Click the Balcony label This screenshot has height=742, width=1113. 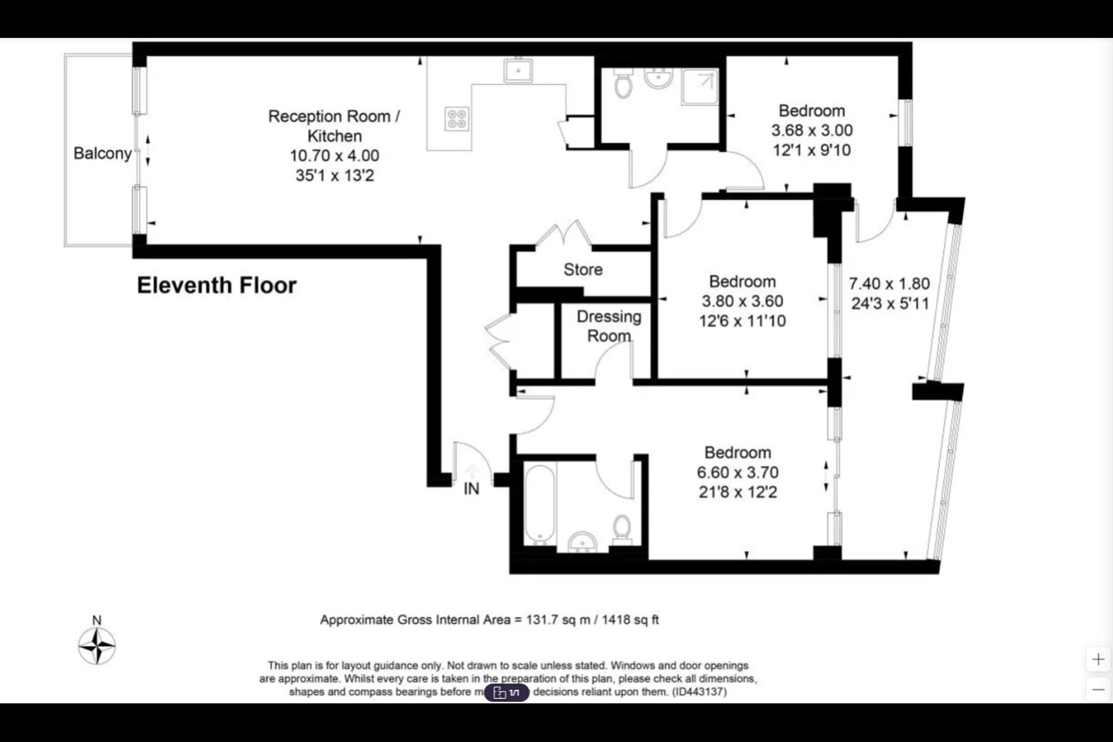(102, 153)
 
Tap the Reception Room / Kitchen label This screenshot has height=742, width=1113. (334, 126)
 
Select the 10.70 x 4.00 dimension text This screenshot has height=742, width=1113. (334, 155)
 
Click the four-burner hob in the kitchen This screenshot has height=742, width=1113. (457, 118)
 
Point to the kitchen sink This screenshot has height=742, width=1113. (518, 70)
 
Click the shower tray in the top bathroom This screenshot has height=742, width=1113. (699, 87)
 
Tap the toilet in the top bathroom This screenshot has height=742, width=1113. (623, 84)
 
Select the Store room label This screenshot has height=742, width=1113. (583, 270)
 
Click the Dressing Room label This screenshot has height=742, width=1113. (608, 326)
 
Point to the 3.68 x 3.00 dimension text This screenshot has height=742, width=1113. (812, 131)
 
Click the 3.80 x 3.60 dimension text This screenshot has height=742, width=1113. (742, 301)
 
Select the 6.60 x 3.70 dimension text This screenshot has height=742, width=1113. (737, 472)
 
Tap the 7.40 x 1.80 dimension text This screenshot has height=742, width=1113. (889, 284)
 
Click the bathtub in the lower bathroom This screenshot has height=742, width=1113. (540, 503)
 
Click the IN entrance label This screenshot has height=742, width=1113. (471, 488)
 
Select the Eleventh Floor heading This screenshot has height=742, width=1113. (216, 285)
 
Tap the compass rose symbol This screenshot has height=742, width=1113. (97, 645)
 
